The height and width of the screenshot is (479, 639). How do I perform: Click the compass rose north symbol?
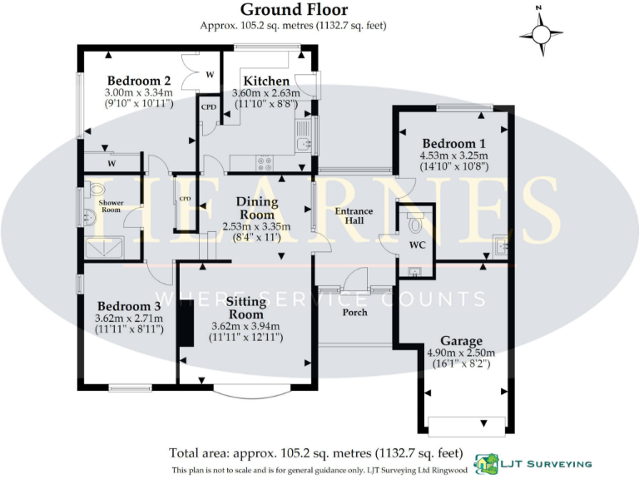(x=541, y=33)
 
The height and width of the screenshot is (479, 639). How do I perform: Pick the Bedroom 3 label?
(x=129, y=304)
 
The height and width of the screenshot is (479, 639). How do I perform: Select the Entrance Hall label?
(x=354, y=216)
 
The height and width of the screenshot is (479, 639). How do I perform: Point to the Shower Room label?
(x=111, y=207)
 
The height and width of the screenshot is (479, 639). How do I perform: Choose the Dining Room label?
(x=255, y=208)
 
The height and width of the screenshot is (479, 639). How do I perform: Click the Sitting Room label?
(x=246, y=308)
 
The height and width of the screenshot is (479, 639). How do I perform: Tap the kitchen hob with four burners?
(x=267, y=163)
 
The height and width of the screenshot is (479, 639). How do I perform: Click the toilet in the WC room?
(x=416, y=222)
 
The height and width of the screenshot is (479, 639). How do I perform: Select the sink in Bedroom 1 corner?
(x=499, y=245)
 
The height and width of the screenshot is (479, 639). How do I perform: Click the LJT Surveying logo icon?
(x=487, y=463)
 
